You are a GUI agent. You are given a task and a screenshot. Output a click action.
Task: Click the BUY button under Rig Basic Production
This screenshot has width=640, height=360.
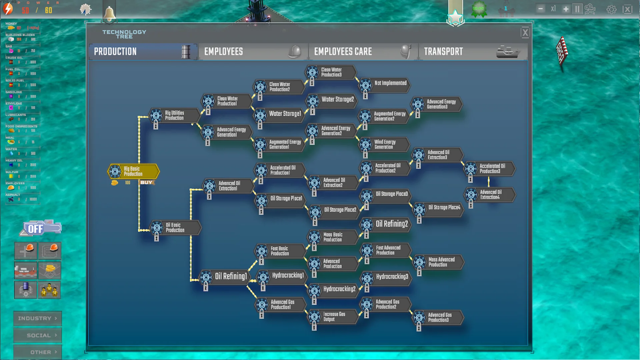[x=146, y=182]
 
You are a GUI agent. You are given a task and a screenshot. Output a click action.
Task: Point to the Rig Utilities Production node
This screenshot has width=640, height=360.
[x=174, y=115]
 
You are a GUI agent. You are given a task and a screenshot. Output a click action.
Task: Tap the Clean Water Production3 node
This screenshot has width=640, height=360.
[x=331, y=72]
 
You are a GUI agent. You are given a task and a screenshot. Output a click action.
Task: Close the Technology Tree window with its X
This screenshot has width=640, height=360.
[x=525, y=33]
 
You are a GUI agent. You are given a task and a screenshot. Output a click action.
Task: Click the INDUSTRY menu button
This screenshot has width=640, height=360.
[x=37, y=318]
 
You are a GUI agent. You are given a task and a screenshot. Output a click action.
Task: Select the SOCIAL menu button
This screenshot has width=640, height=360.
[x=37, y=335]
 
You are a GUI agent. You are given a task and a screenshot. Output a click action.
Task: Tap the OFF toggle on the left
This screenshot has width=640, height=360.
[x=36, y=229]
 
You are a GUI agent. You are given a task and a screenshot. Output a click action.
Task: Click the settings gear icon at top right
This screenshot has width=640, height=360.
[x=611, y=9]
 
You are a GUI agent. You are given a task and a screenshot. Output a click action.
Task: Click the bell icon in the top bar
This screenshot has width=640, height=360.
[x=109, y=13]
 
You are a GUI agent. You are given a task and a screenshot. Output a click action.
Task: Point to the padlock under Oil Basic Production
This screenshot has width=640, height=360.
[x=156, y=238]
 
